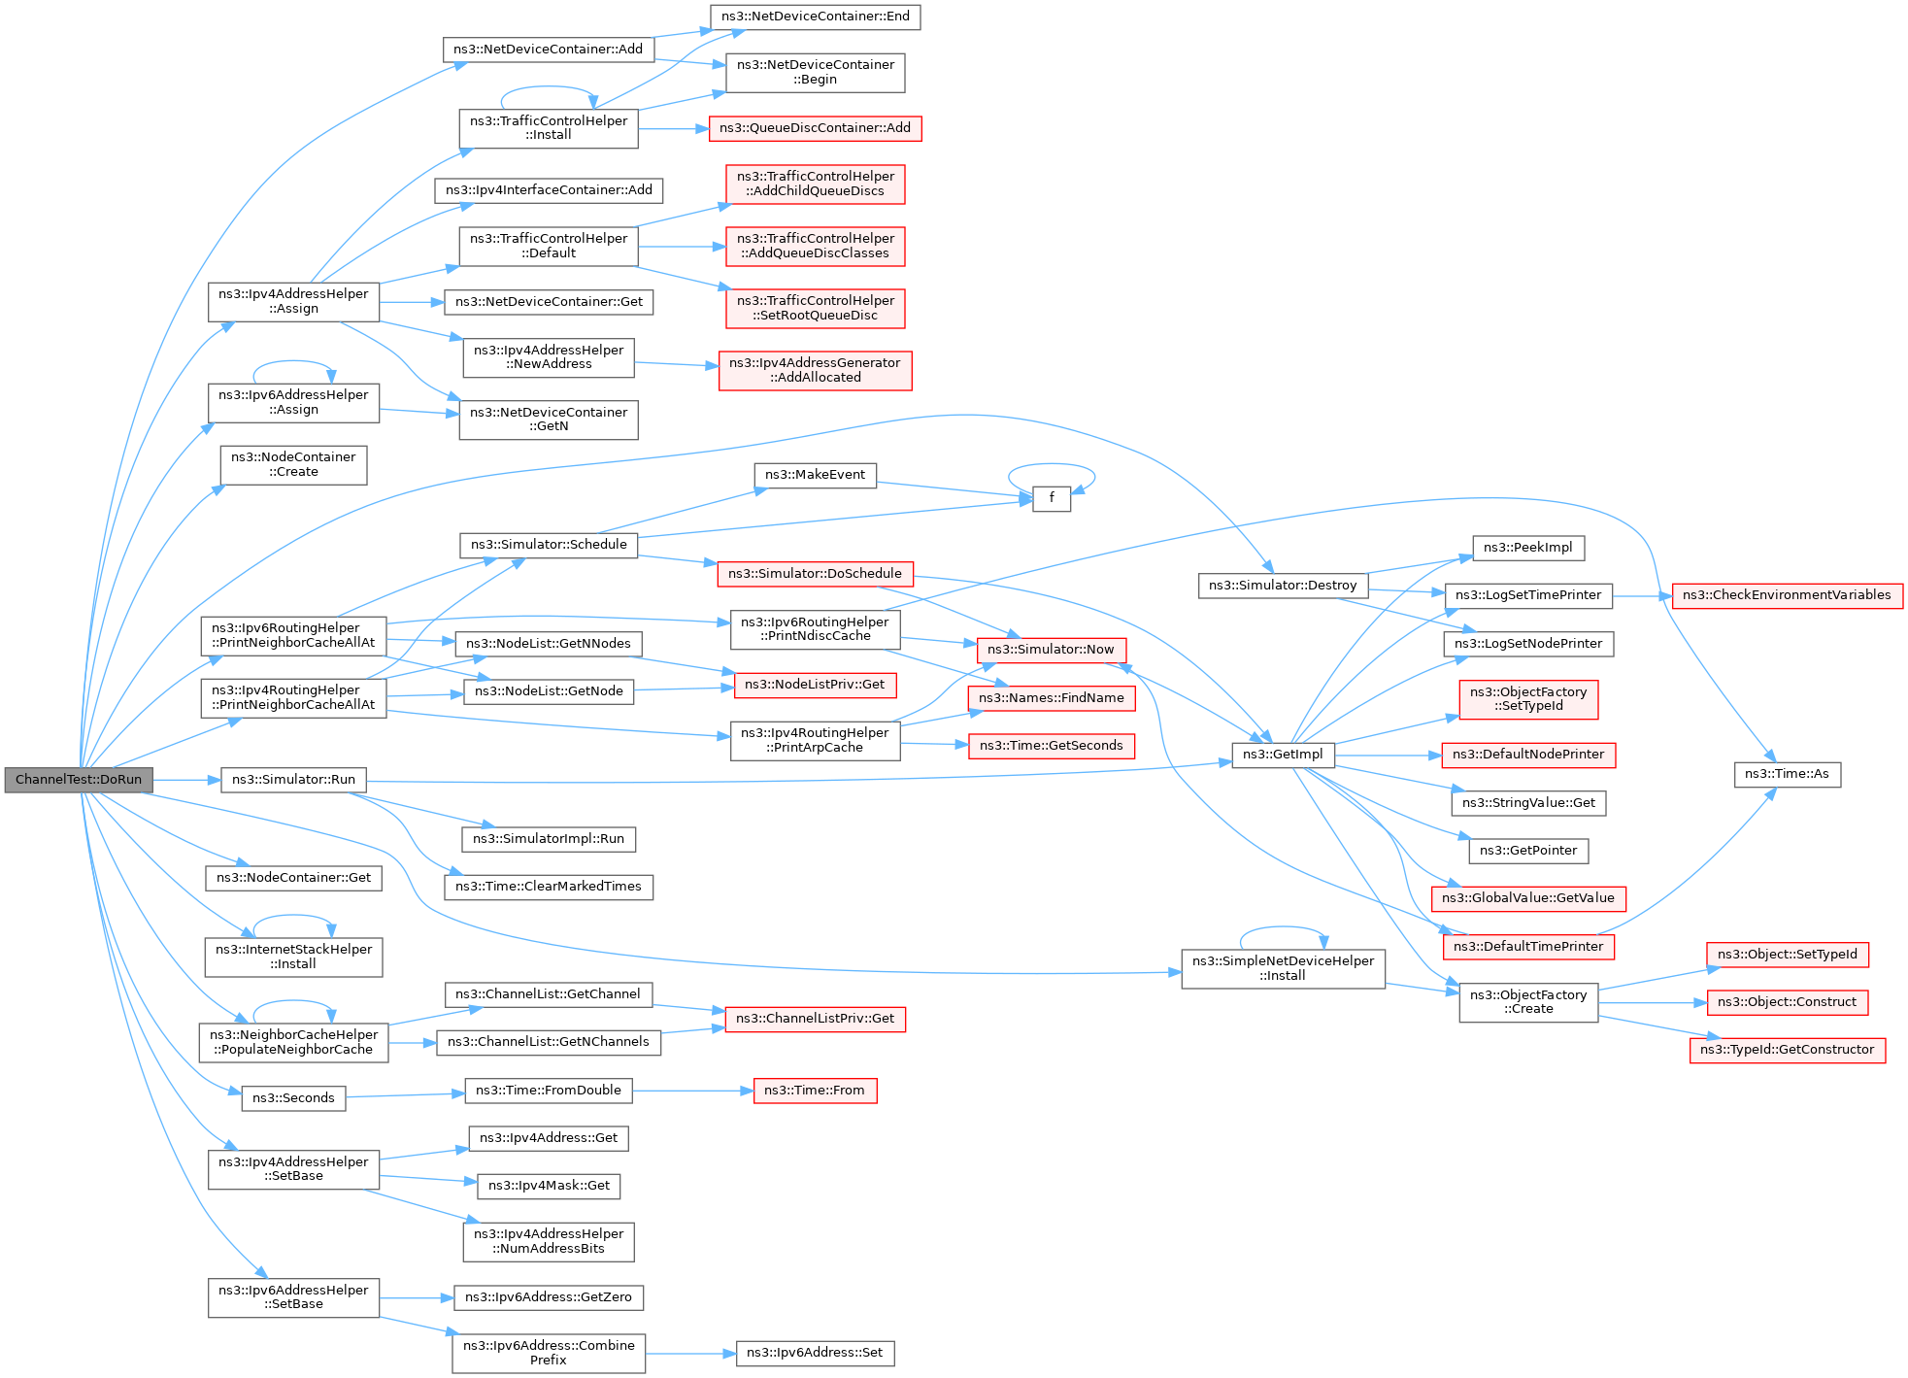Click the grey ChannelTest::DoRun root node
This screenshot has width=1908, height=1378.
(x=79, y=780)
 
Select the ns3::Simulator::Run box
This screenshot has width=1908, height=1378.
(x=293, y=780)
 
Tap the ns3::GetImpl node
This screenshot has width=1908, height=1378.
(x=1283, y=755)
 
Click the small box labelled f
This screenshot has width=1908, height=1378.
(x=1051, y=498)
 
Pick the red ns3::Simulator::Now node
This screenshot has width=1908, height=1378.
(x=1051, y=650)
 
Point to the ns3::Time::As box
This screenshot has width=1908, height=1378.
(x=1787, y=774)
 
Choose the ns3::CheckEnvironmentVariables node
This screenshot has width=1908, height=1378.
(x=1787, y=595)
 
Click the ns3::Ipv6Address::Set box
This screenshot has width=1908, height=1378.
(x=815, y=1353)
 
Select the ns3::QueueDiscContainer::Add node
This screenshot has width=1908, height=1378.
(x=815, y=128)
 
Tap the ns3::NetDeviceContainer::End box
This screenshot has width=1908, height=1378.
(x=815, y=17)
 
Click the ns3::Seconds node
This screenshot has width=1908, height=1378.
(x=293, y=1098)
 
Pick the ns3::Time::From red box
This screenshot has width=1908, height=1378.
(x=815, y=1091)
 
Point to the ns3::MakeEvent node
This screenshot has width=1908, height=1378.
(x=815, y=475)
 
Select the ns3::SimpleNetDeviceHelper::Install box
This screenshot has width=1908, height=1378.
(x=1283, y=968)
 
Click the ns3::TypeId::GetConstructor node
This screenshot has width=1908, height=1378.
(x=1787, y=1050)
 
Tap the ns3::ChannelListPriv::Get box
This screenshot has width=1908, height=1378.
(x=815, y=1019)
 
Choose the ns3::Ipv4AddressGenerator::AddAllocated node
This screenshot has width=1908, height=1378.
(x=815, y=370)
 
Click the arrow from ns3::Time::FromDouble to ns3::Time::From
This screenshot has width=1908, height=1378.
(x=693, y=1091)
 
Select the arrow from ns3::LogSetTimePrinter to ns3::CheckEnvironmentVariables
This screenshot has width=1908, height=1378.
(x=1642, y=595)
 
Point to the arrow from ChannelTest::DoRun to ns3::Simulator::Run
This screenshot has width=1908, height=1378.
(x=186, y=780)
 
